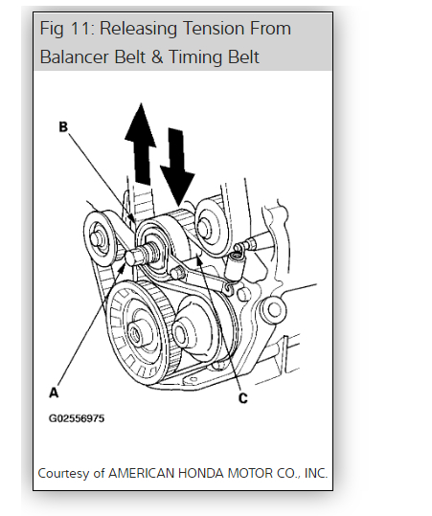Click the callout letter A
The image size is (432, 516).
(54, 393)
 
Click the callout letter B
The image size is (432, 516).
(63, 126)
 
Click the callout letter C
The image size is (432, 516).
(242, 398)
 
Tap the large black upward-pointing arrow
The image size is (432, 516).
(141, 144)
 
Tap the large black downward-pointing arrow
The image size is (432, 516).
(177, 168)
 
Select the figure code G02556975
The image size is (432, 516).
(77, 418)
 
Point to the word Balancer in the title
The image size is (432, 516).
(75, 56)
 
